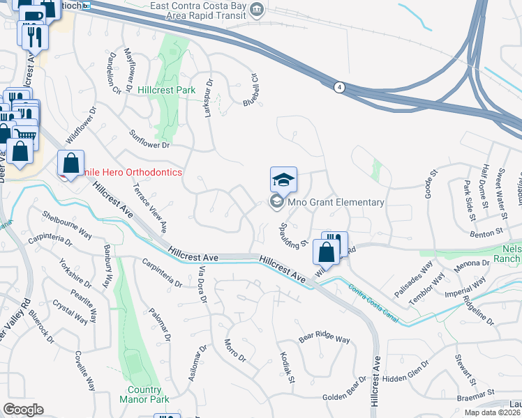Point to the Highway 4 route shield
tap(339, 87)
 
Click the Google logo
tap(24, 409)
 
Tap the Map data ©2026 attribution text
tap(492, 412)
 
